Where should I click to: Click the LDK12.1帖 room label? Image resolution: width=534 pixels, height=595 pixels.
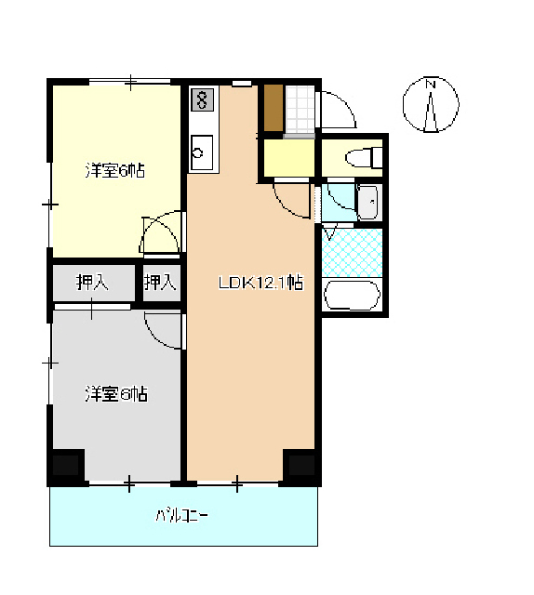(x=260, y=283)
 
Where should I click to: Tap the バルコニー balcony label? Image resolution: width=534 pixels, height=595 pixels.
(x=181, y=515)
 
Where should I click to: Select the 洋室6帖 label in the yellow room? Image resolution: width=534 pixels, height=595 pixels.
(x=115, y=171)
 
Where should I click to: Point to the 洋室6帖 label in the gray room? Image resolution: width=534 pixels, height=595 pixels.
(x=116, y=394)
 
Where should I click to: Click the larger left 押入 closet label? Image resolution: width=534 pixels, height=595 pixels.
(x=92, y=283)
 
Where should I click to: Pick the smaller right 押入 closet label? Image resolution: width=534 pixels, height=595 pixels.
(x=160, y=283)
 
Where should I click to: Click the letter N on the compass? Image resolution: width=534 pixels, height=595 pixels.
(x=431, y=84)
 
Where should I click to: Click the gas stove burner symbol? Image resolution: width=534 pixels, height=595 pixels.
(x=202, y=99)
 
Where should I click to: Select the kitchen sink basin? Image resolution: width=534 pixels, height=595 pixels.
(x=202, y=152)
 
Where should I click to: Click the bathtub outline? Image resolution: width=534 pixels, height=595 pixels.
(x=352, y=296)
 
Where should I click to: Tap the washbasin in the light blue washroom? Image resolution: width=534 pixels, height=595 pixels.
(x=368, y=203)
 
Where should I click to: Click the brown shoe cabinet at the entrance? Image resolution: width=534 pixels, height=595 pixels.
(x=274, y=108)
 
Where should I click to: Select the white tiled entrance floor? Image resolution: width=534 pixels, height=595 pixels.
(x=300, y=109)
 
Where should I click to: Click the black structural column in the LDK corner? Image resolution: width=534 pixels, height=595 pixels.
(x=301, y=466)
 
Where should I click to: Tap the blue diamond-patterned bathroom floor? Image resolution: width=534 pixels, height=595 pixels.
(x=352, y=252)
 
